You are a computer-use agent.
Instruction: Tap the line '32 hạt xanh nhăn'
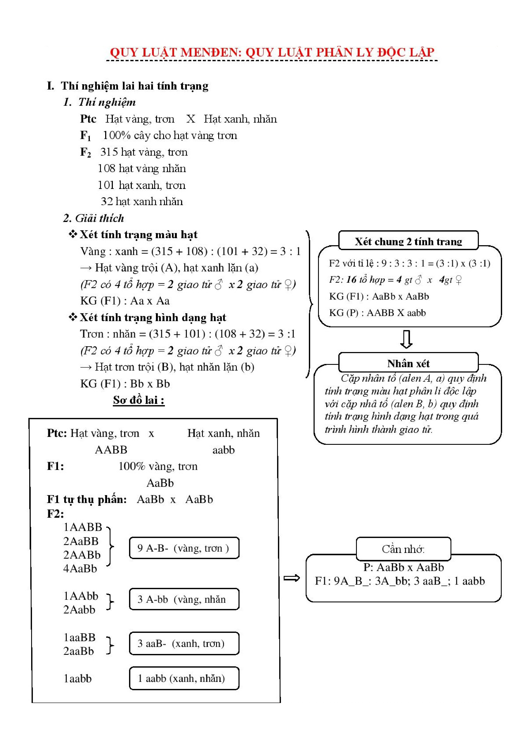pos(142,202)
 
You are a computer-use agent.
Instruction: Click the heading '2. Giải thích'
pos(94,218)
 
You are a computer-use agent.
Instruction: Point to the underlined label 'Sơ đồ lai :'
pos(138,400)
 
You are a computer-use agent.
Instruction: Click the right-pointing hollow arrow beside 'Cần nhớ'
pos(291,578)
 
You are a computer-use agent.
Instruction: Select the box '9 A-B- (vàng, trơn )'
pos(184,548)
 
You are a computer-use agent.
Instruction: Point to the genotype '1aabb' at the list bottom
pos(78,679)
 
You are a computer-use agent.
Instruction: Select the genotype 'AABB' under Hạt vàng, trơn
pos(111,450)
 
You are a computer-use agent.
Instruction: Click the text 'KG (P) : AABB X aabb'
pos(377,313)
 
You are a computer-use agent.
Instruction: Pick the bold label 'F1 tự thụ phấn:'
pos(87,499)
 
